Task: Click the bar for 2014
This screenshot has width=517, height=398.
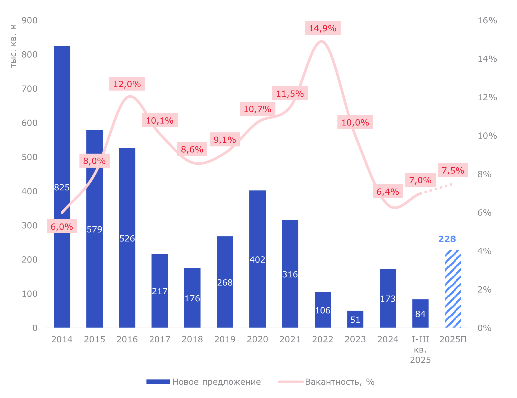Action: point(62,132)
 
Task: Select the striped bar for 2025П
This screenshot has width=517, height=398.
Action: point(453,289)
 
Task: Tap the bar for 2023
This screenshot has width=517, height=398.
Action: point(355,319)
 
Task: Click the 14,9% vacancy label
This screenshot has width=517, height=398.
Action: point(323,28)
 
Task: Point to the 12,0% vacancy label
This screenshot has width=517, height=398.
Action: point(127,84)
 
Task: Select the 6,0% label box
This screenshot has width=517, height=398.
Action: point(62,226)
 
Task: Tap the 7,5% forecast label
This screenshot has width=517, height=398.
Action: point(453,170)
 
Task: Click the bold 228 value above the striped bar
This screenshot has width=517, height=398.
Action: point(447,239)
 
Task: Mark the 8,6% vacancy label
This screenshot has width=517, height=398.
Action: point(192,149)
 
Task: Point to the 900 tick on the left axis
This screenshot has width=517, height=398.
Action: point(29,20)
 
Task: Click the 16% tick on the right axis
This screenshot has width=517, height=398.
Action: point(487,20)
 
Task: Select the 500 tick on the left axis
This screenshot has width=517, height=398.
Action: point(29,157)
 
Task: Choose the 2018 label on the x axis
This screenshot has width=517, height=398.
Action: point(192,339)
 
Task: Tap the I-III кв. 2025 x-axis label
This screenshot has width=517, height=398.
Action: point(420,350)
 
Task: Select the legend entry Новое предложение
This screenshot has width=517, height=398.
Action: point(204,382)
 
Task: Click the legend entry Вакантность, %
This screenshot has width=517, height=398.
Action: point(327,382)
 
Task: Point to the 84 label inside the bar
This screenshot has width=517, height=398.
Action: point(420,314)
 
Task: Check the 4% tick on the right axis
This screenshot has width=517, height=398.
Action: point(484,251)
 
